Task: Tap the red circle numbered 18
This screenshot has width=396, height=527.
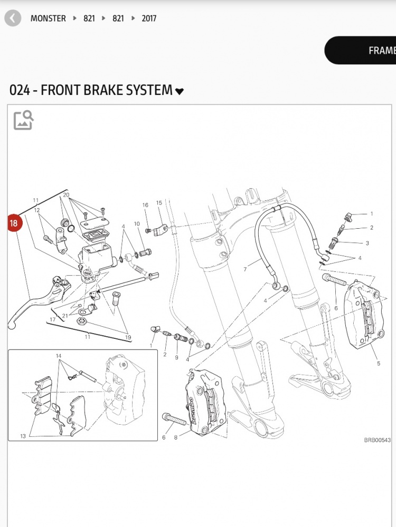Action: (x=14, y=223)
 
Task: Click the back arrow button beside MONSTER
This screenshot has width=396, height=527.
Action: (x=13, y=18)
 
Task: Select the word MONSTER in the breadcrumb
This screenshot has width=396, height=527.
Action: (x=48, y=18)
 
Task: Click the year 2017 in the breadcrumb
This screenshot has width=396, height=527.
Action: (x=148, y=18)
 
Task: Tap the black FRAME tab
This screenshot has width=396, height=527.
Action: (x=370, y=51)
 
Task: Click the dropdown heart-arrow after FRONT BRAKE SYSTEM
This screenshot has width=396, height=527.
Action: (x=180, y=91)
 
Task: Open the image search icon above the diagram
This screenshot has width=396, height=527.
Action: (x=23, y=120)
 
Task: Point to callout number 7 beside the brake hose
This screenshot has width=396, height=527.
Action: (x=245, y=269)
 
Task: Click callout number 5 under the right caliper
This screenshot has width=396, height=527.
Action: (x=379, y=364)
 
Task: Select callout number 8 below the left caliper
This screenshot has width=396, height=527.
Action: (x=176, y=437)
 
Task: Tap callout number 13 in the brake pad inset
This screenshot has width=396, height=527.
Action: (x=23, y=436)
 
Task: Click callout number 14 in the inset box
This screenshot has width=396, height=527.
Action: (x=59, y=356)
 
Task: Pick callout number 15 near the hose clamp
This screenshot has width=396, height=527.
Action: (x=159, y=203)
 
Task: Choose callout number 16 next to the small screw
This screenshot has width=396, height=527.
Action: (x=145, y=205)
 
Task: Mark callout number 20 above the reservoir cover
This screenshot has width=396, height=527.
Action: (x=66, y=195)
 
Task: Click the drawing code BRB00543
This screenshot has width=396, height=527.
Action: (x=377, y=440)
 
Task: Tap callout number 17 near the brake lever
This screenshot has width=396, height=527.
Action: (x=53, y=319)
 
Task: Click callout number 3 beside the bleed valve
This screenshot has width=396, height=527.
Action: (x=367, y=243)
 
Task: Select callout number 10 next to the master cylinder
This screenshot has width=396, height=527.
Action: (x=137, y=224)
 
